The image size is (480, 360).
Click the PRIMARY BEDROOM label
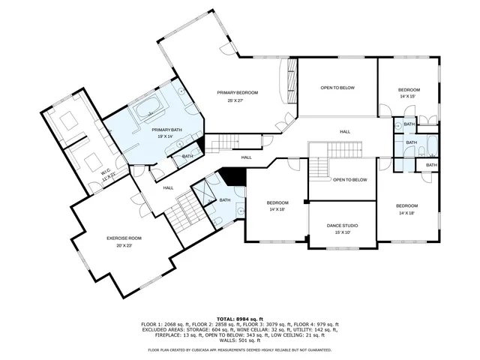tap(238, 92)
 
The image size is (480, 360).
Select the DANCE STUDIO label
tap(342, 225)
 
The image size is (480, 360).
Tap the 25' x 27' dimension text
tap(238, 100)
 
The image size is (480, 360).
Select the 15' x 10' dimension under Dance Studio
tap(342, 232)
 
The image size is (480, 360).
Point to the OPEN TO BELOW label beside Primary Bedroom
tap(337, 88)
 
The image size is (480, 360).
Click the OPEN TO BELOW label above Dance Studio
tap(349, 180)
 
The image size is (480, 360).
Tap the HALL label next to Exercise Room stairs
tap(169, 187)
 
